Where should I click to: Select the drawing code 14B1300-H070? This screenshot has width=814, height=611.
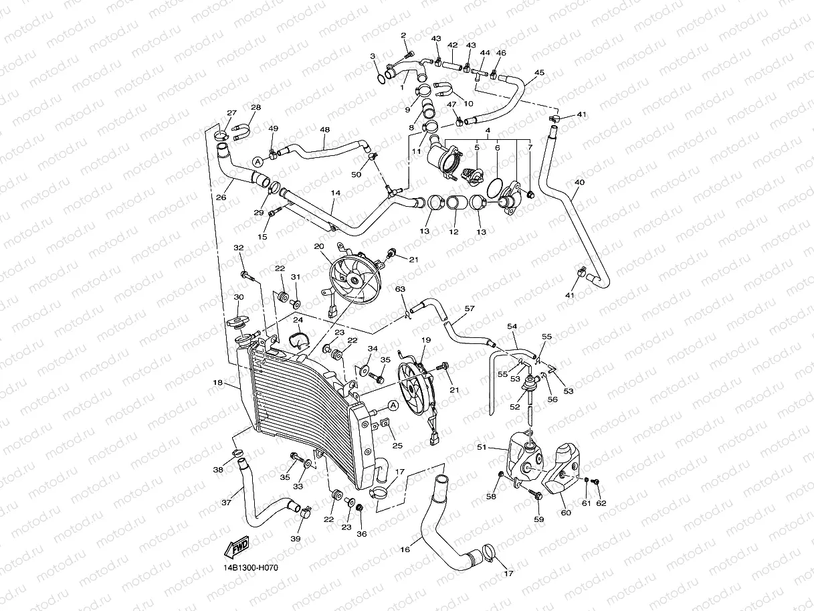[251, 568]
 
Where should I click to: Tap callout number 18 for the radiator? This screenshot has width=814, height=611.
[218, 383]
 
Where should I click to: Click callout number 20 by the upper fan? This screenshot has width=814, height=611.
[319, 246]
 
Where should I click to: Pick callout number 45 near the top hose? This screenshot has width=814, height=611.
[539, 73]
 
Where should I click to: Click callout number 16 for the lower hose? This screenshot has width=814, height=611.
[405, 549]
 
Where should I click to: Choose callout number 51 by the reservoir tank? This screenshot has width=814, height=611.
[482, 448]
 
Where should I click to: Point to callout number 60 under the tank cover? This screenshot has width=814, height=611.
[566, 513]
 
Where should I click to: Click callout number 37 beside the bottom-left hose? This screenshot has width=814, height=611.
[226, 503]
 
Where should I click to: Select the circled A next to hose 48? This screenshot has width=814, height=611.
[258, 162]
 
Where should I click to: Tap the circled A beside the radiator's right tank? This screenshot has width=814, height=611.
[393, 406]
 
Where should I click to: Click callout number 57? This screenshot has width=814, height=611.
[470, 309]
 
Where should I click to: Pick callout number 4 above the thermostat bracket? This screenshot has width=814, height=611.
[488, 130]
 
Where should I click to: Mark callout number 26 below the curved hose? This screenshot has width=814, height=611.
[221, 197]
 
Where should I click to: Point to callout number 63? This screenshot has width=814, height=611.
[400, 289]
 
